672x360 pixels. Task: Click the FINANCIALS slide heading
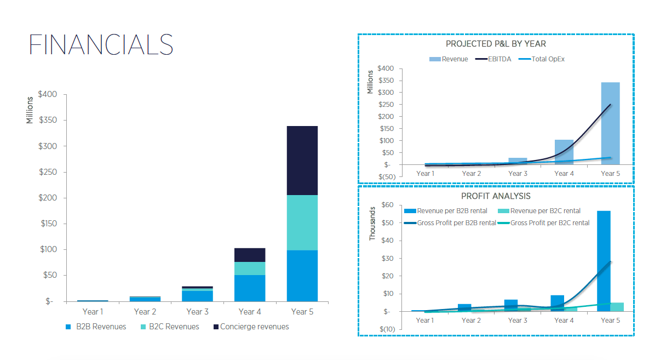(x=101, y=44)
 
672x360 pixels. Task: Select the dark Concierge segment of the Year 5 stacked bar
(x=302, y=161)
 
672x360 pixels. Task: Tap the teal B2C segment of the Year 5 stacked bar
(x=302, y=222)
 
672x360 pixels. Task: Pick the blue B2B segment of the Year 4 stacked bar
(x=250, y=288)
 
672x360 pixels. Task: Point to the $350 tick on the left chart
(x=48, y=121)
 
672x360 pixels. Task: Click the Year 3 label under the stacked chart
(x=197, y=312)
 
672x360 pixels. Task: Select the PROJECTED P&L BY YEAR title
(x=496, y=44)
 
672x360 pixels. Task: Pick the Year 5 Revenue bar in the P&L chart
(x=610, y=123)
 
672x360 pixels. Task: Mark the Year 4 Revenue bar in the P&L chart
(x=564, y=152)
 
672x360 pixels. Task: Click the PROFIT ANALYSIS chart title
(x=496, y=196)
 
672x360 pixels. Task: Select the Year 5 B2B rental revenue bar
(x=604, y=261)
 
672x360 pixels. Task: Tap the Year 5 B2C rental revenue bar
(x=617, y=307)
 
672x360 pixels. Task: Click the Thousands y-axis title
(x=373, y=224)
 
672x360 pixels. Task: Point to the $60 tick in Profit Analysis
(x=387, y=205)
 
